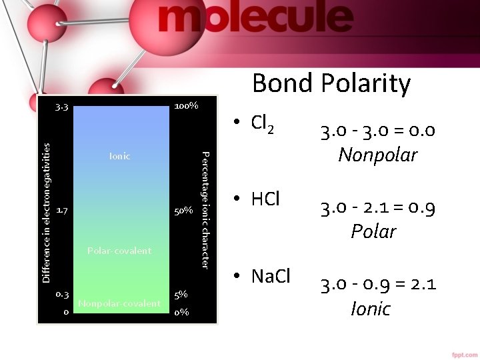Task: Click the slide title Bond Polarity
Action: (x=331, y=83)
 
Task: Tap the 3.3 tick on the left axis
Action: (x=62, y=107)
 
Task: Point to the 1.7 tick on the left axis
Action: (x=61, y=211)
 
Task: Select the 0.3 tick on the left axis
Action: (x=62, y=294)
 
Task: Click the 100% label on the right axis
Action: (x=185, y=106)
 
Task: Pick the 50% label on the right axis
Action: (x=183, y=211)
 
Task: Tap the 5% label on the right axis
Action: (x=181, y=294)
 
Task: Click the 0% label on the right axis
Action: (x=181, y=311)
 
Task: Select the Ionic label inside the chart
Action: (x=120, y=156)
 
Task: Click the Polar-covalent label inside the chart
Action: (x=119, y=251)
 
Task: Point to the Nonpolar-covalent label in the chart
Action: (x=119, y=304)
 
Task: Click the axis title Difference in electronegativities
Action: (x=46, y=212)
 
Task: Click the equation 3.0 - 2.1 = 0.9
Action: (x=378, y=209)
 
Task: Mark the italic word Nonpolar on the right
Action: (x=378, y=155)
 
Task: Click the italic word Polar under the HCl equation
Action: (x=374, y=231)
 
